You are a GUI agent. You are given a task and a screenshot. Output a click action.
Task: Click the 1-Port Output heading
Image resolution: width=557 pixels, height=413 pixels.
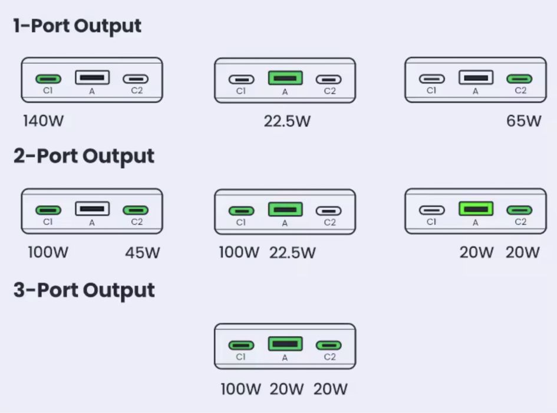click(77, 26)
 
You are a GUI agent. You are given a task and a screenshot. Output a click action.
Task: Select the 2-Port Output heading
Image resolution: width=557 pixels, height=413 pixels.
click(84, 156)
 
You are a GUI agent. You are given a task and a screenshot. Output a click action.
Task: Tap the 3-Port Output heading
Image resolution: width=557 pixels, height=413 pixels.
click(84, 290)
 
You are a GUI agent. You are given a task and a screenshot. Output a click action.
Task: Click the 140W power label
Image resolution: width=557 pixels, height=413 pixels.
click(43, 122)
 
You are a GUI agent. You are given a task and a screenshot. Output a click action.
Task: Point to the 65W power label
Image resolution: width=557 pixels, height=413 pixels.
click(523, 122)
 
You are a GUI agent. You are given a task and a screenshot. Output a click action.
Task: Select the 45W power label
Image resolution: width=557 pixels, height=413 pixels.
click(143, 253)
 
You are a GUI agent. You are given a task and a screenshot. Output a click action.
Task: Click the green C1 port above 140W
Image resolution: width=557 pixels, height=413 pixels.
click(48, 78)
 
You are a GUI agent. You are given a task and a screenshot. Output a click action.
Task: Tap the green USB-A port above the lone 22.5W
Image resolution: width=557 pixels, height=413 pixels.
click(285, 78)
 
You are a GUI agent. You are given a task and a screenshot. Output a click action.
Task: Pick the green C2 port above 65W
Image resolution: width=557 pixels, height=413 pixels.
click(520, 78)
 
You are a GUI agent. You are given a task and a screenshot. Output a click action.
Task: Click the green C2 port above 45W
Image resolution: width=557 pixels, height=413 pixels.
click(136, 210)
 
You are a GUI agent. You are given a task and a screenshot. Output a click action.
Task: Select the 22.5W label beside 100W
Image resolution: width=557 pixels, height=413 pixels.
click(292, 253)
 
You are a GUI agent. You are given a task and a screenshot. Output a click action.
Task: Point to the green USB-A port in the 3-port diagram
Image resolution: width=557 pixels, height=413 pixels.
click(285, 343)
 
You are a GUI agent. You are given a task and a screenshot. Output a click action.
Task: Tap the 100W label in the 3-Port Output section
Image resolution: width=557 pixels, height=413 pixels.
click(240, 389)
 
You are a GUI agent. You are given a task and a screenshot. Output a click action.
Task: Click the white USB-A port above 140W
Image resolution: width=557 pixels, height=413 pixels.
click(92, 77)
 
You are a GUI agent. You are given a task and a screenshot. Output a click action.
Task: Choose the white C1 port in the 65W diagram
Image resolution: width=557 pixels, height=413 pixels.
click(431, 78)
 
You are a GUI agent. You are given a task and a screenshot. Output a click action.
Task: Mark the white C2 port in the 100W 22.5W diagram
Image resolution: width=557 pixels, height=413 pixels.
click(329, 210)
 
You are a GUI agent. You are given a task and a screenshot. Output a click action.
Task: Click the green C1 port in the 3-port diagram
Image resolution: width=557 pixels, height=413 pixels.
click(241, 345)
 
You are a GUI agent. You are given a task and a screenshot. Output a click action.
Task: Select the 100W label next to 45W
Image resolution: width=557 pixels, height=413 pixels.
click(48, 253)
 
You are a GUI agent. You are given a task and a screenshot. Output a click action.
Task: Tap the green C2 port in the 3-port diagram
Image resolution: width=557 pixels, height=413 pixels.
click(329, 345)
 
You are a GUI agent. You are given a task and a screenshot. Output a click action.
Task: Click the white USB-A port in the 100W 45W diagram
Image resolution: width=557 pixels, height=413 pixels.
click(92, 208)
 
